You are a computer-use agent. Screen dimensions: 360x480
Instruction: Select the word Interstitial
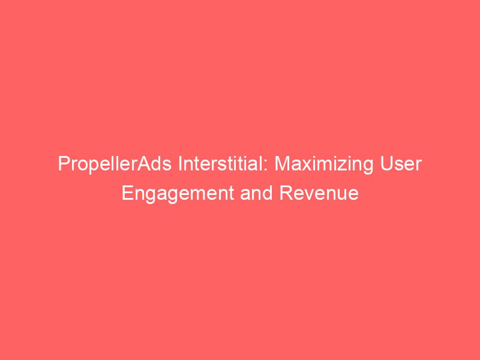coord(223,164)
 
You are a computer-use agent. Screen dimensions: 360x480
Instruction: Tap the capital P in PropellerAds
coord(63,164)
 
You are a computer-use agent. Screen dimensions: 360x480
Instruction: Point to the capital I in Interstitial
coord(179,164)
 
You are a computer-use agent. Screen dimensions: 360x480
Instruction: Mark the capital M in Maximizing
coord(283,164)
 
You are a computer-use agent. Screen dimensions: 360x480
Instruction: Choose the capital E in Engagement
coord(127,194)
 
